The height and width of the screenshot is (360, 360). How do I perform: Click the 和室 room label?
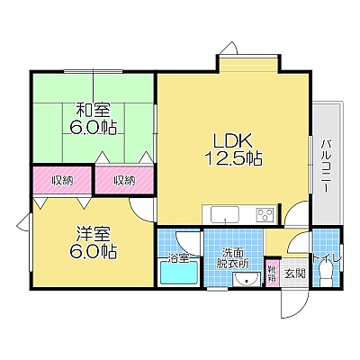(x=93, y=110)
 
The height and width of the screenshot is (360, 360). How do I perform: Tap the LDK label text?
(x=231, y=140)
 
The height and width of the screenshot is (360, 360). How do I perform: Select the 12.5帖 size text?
(x=233, y=157)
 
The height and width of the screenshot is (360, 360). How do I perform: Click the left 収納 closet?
(x=62, y=180)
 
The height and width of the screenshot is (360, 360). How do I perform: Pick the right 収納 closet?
(x=124, y=180)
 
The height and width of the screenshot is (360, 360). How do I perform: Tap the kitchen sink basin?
(x=225, y=214)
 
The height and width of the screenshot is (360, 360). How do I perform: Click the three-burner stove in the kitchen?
(x=265, y=214)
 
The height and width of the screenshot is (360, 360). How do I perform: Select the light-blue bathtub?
(x=179, y=273)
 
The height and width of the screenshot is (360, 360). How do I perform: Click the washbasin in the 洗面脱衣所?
(x=247, y=279)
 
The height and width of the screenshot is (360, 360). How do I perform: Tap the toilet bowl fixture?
(x=325, y=273)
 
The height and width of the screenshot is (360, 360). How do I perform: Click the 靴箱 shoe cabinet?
(x=272, y=273)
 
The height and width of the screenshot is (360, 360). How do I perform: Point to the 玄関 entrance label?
(x=294, y=274)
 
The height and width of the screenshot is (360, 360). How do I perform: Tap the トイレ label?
(x=326, y=257)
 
